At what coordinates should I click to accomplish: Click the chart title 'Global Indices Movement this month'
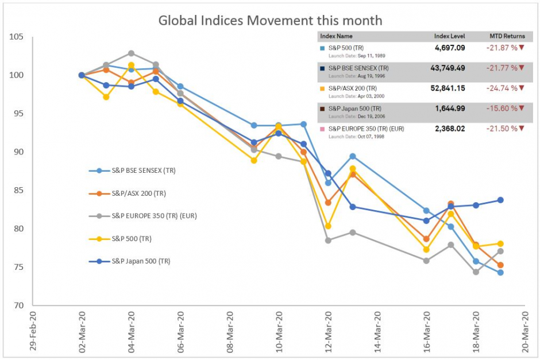pyautogui.click(x=270, y=21)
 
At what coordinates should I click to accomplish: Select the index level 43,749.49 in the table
pyautogui.click(x=446, y=68)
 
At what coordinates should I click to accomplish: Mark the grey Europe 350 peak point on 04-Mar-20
pyautogui.click(x=131, y=53)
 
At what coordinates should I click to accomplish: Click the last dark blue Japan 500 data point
pyautogui.click(x=500, y=200)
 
